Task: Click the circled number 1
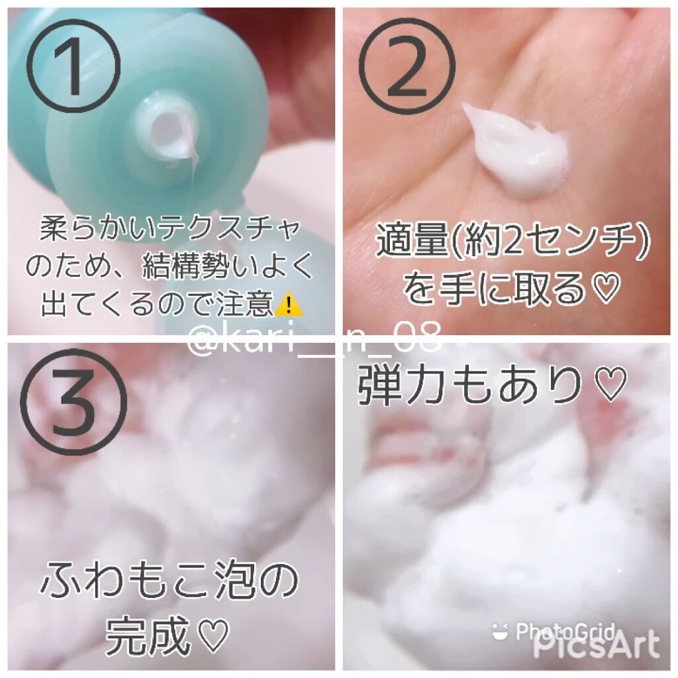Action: [73, 64]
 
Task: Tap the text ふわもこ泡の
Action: [169, 579]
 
